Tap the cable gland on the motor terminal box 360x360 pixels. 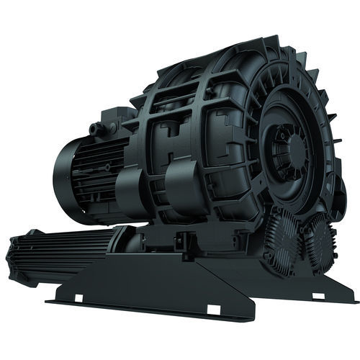(94, 129)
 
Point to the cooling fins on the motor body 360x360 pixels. (97, 166)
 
